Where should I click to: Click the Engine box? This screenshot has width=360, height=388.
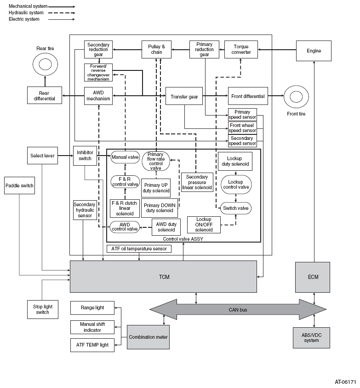pos(314,51)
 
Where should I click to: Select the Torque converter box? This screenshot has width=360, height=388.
pos(241,50)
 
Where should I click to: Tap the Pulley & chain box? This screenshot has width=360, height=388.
pos(156,50)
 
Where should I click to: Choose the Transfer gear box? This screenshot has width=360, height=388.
pos(184,96)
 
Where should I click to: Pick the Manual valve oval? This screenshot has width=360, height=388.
pos(125,157)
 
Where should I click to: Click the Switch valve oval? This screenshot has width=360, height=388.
pos(235,208)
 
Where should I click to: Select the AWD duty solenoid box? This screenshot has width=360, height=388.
pos(166,227)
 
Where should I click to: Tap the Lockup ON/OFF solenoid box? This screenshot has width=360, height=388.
pos(204,225)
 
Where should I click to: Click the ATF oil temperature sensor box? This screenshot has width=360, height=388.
pos(139,249)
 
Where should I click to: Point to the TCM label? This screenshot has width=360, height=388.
pos(164,277)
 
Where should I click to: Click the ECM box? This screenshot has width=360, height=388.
pos(313,277)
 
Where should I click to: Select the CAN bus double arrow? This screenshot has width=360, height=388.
pos(238,310)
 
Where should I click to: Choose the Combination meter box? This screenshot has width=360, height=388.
pos(149,337)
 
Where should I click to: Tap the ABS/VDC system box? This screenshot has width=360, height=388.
pos(312,338)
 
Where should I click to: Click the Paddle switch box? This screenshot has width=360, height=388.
pos(19,185)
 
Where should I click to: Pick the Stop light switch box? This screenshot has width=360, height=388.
pos(43,309)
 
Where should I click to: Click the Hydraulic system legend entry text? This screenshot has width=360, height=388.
pos(26,12)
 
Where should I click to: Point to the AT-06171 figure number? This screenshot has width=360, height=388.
pos(345,382)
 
